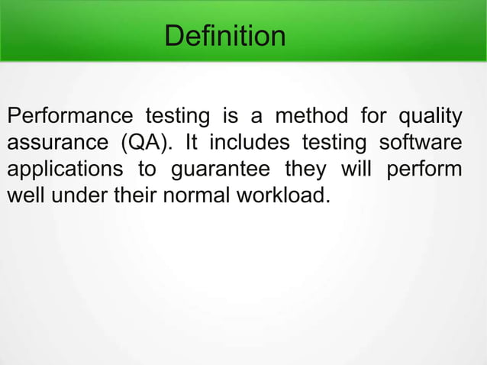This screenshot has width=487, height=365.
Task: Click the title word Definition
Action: [x=225, y=35]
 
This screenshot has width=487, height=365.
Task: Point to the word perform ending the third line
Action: [x=424, y=170]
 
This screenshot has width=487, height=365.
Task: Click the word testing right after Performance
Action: [x=169, y=118]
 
